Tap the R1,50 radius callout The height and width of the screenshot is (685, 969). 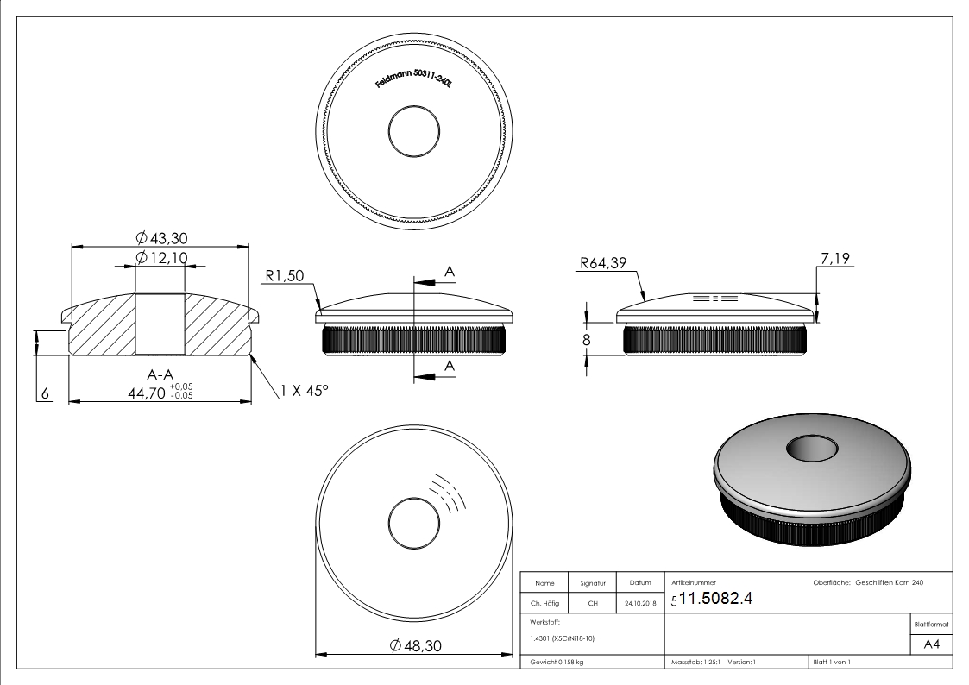286,277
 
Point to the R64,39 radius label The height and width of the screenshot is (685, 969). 603,264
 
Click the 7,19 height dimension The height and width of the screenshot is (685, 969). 836,258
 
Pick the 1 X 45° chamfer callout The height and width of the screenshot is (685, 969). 304,391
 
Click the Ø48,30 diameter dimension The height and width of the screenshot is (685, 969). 416,645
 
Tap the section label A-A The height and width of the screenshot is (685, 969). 159,374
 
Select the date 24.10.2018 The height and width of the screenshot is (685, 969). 640,604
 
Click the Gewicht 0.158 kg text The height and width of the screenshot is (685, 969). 557,662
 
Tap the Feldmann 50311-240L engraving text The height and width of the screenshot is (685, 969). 414,81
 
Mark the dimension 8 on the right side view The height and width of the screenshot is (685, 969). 587,340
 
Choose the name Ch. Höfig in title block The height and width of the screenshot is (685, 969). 544,604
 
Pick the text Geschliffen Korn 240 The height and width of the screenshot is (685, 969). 889,583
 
